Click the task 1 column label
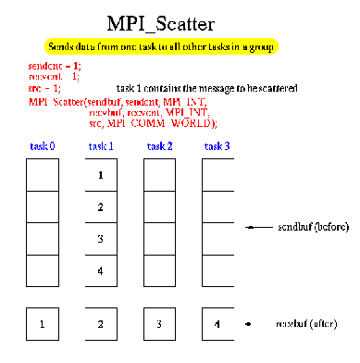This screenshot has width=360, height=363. coord(101,146)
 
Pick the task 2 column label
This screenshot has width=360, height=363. coord(158,146)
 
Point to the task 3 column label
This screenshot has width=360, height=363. coord(216,146)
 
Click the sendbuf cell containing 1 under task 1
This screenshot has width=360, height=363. coord(101,174)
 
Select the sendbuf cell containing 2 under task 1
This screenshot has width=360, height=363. coord(101,207)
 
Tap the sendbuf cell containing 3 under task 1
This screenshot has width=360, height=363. coord(101,239)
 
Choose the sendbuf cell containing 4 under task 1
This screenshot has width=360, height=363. coord(101,271)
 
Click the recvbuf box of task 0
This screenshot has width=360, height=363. coord(43,324)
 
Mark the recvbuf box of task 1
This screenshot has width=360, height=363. coord(101,324)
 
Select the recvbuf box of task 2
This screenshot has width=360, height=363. coord(158,324)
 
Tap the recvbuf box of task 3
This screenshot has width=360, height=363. coord(217,324)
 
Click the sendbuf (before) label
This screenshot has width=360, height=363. coord(305,227)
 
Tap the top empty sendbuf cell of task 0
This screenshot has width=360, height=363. coord(43,174)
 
